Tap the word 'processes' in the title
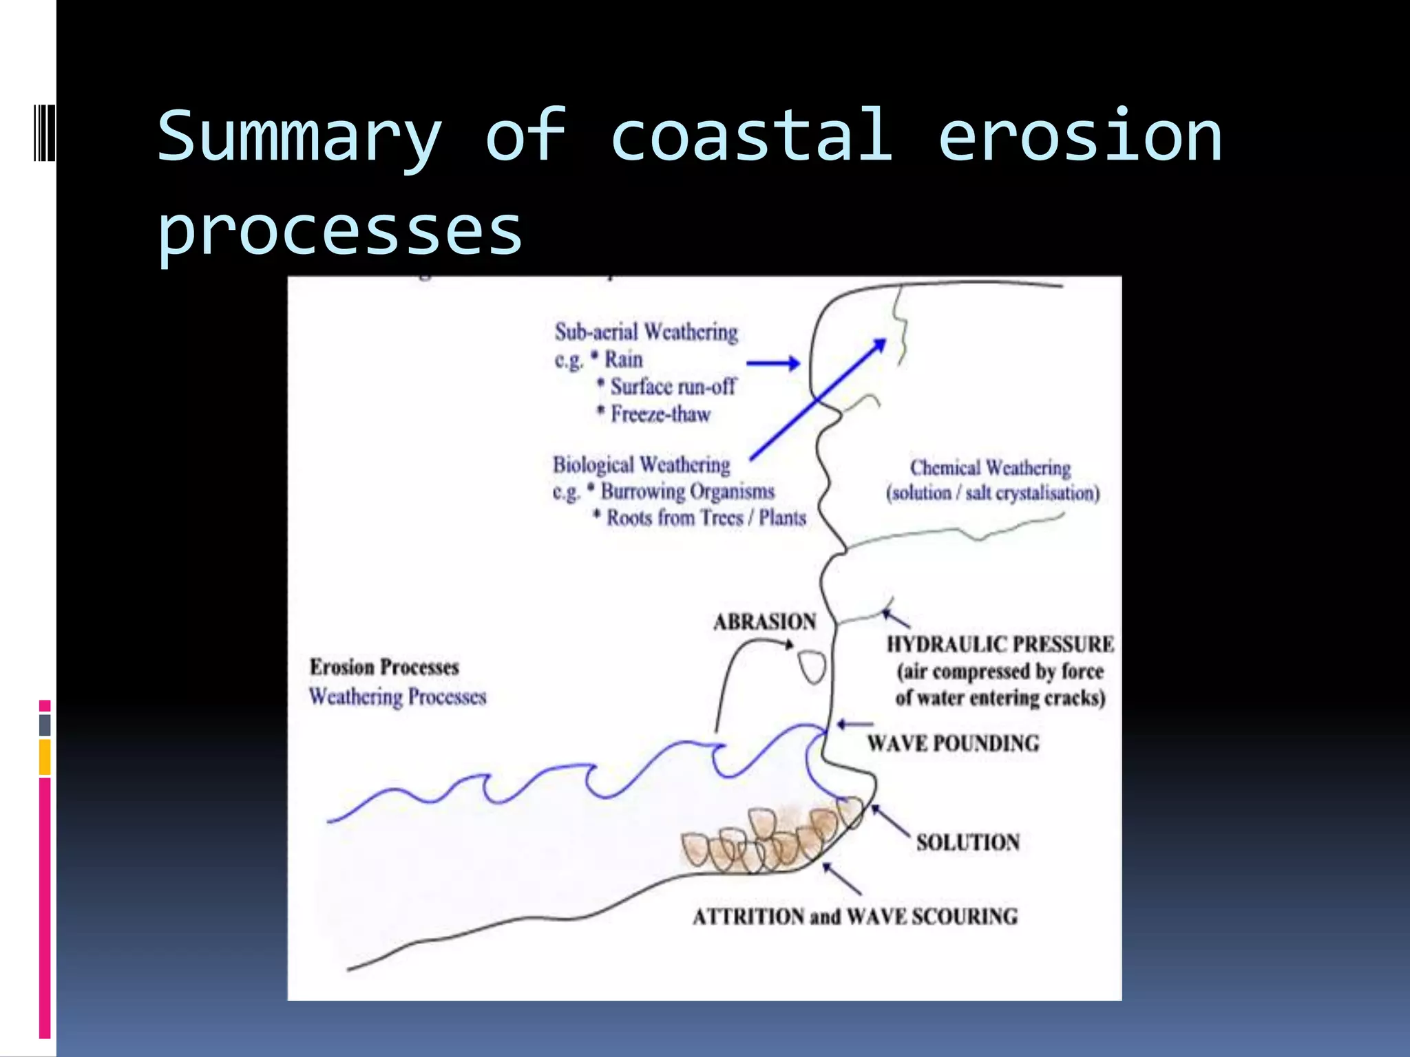339,231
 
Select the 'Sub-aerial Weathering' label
646,332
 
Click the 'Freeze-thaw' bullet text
660,414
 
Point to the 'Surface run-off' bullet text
673,387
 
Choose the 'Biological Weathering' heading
641,465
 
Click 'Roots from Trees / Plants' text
706,517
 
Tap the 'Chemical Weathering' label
990,468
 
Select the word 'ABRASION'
764,622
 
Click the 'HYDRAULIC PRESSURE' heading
1000,644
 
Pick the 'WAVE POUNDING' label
953,743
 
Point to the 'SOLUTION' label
967,842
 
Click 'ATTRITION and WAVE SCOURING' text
854,917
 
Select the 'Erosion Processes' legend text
384,667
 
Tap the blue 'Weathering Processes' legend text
397,696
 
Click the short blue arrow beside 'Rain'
772,363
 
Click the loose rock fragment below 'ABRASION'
812,666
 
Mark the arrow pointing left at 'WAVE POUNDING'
854,724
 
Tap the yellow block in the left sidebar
45,757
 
